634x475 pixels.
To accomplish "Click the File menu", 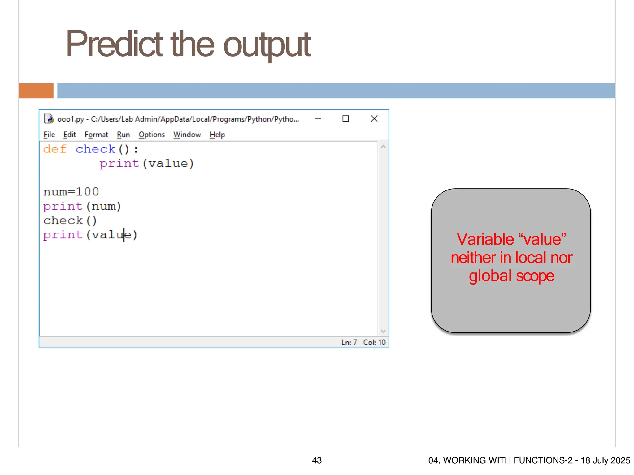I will [x=49, y=135].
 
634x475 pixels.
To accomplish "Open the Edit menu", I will [x=70, y=135].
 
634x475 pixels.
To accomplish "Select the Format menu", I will [x=96, y=135].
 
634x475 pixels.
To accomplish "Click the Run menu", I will [x=123, y=135].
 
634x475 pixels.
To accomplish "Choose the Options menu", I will [x=152, y=135].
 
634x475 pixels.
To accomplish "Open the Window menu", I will [x=187, y=135].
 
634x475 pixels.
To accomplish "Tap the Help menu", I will [x=217, y=135].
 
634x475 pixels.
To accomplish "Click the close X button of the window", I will [x=374, y=119].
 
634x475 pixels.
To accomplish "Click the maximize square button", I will [x=345, y=119].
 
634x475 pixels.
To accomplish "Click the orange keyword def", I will [x=55, y=149].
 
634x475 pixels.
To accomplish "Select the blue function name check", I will [x=95, y=149].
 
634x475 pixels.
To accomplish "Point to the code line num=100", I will [x=71, y=192].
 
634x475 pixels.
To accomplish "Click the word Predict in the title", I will [x=114, y=44].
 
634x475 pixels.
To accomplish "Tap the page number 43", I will [x=317, y=460].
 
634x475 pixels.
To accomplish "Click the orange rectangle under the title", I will [x=36, y=91].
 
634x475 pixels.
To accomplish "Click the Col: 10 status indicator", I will [x=374, y=342].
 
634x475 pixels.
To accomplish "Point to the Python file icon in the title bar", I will [x=49, y=119].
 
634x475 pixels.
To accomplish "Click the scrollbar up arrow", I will [x=383, y=147].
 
